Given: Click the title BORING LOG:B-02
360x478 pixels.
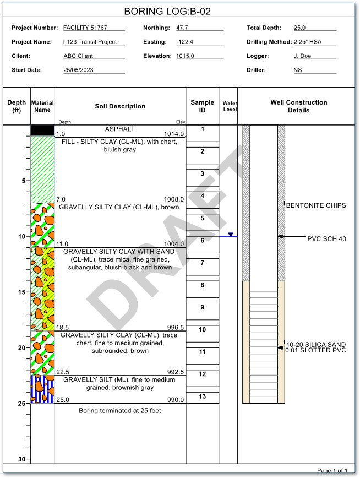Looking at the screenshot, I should [x=167, y=11].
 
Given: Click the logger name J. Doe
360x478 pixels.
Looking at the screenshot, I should [x=303, y=56].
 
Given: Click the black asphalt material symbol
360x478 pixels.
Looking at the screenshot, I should [x=42, y=131].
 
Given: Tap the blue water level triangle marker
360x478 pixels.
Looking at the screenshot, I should [x=231, y=235].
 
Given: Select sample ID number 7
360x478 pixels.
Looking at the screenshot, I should [x=202, y=263].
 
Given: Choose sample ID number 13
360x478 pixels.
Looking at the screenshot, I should [x=202, y=396].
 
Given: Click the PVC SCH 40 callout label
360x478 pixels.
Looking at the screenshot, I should [x=326, y=238].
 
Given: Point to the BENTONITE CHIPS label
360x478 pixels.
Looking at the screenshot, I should [x=316, y=205].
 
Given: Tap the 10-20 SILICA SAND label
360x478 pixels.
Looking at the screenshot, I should [x=316, y=345].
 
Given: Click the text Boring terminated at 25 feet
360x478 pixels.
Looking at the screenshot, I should [x=120, y=411].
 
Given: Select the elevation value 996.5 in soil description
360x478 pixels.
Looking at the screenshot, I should [x=175, y=327].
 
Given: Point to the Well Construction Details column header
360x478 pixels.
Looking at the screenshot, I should [x=298, y=106].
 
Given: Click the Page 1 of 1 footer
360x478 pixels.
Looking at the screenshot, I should [x=332, y=470].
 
